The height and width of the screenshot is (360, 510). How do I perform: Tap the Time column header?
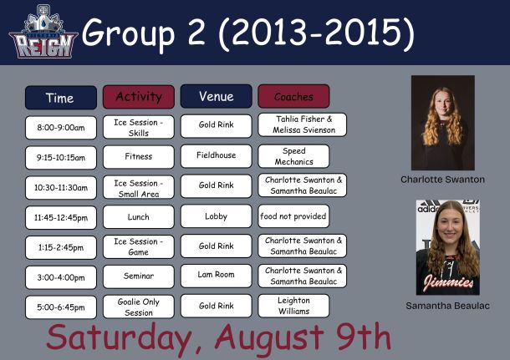pos(61,98)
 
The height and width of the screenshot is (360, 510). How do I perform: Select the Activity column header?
pos(139,97)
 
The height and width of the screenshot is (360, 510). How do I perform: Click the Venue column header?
pos(217,96)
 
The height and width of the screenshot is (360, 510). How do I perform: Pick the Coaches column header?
pos(293,96)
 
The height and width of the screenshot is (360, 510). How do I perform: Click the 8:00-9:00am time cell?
pos(61,128)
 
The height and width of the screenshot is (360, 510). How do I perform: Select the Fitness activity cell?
pos(139,157)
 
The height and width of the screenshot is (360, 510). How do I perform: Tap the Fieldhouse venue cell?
pos(217,156)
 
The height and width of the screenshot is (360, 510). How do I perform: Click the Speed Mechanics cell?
pos(293,156)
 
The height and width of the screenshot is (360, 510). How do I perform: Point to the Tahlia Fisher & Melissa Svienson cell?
pos(303,124)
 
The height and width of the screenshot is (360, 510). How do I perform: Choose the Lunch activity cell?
pos(139,216)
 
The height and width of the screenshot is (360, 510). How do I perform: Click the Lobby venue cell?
pos(217,216)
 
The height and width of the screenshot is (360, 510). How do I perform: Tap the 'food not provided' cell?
pos(293,216)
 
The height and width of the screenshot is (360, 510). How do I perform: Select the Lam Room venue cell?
pos(217,276)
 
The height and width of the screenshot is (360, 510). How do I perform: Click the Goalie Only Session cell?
pos(139,307)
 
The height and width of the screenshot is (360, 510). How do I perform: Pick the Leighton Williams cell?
pos(293,306)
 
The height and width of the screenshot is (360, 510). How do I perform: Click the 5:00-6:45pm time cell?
pos(61,307)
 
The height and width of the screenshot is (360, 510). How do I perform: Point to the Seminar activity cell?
pos(139,276)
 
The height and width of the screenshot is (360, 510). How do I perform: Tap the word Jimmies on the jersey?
pos(448,281)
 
